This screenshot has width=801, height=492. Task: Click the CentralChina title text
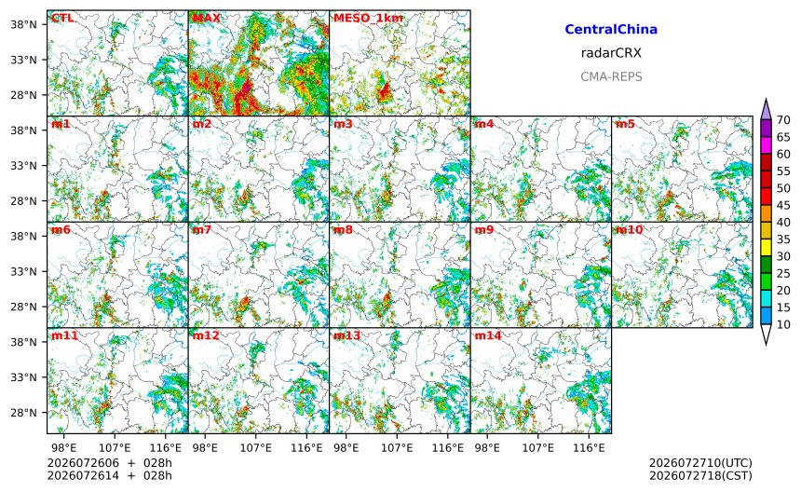pos(611,29)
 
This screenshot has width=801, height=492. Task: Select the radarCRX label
pos(611,52)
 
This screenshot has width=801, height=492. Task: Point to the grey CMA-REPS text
pos(611,76)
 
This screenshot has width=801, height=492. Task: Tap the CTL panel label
pos(62,18)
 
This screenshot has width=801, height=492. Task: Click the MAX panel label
pos(206,18)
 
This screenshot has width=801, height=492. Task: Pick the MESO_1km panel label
pos(368,19)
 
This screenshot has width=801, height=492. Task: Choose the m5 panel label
pos(625,124)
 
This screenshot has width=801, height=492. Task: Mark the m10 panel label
pos(629,229)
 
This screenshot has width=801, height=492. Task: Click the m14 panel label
pos(488,335)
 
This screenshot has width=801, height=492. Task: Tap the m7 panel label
pos(201,229)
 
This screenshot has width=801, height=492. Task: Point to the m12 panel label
pos(205,335)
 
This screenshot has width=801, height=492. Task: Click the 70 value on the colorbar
pos(783,120)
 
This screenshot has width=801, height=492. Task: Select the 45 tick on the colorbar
pos(783,205)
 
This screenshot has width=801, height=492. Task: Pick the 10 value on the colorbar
pos(783,324)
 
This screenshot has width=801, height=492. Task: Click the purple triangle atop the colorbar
pos(766,109)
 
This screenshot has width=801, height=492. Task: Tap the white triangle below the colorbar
pos(766,335)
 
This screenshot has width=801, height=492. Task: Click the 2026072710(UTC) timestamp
pos(700,463)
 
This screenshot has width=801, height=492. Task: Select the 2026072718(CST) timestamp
pos(700,475)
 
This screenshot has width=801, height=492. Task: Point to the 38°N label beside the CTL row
pos(23,24)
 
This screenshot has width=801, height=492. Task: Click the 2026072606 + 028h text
pos(109,463)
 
